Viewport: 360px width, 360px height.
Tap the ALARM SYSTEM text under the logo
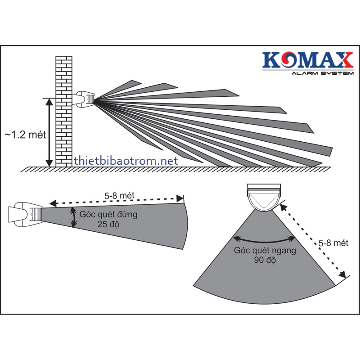[322, 73]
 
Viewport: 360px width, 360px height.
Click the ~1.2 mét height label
[26, 135]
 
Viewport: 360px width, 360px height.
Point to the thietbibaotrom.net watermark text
[126, 161]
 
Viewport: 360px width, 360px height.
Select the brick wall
[64, 111]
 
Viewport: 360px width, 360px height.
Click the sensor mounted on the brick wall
[84, 99]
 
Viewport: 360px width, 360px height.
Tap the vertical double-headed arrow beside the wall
[49, 132]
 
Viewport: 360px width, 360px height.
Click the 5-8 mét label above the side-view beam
[119, 196]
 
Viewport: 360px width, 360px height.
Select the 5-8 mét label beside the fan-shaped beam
[333, 243]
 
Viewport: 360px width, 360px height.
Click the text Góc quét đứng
[108, 215]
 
